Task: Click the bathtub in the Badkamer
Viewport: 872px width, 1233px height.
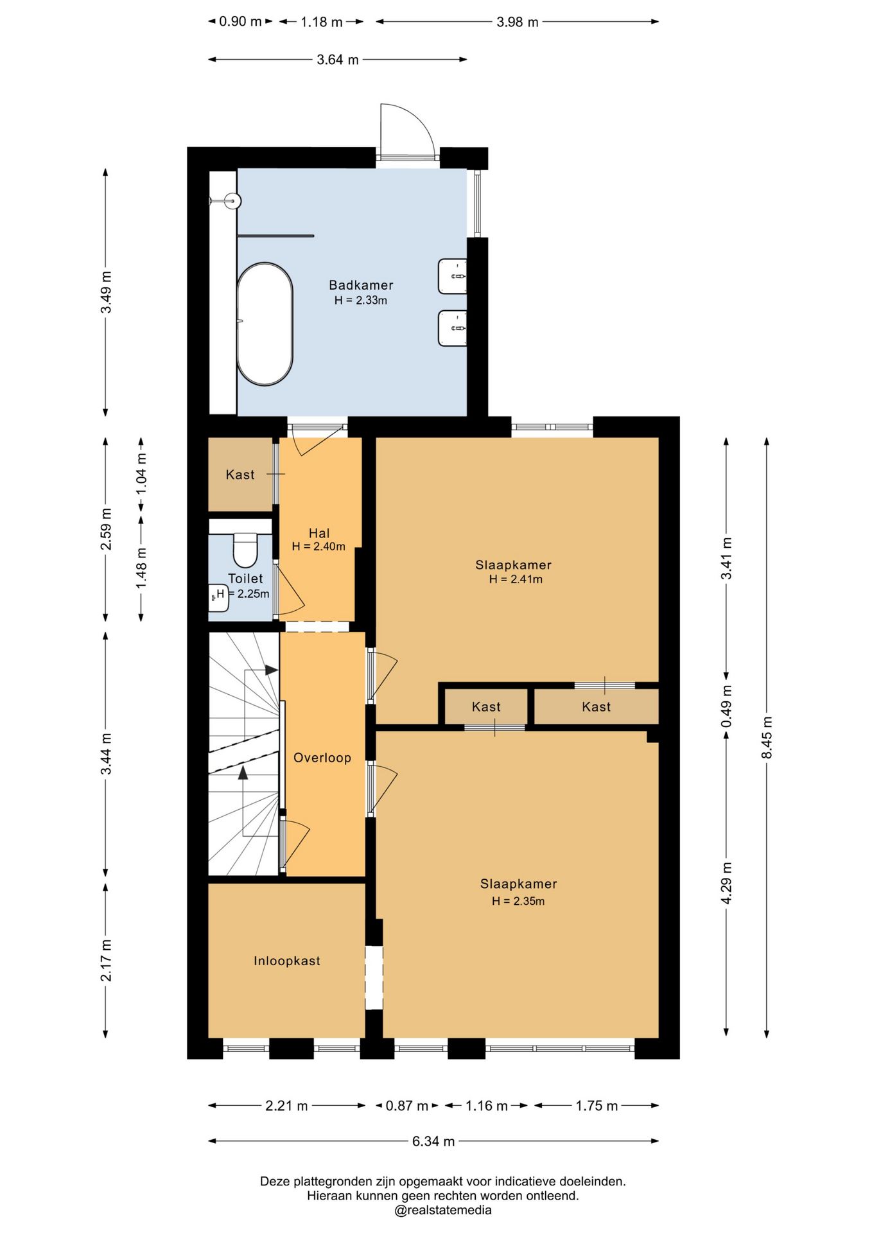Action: (265, 324)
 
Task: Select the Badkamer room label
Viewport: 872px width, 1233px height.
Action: (361, 284)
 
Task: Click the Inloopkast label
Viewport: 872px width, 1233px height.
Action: (286, 961)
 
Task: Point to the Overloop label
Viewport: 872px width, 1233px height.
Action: (322, 758)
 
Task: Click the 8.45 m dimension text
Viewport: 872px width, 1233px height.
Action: (767, 737)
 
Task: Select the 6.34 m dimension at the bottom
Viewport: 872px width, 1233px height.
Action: (433, 1141)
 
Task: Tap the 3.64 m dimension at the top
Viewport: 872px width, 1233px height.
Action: (338, 60)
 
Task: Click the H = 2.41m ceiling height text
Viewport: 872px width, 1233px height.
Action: (516, 579)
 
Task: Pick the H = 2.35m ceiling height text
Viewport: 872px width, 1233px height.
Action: (518, 901)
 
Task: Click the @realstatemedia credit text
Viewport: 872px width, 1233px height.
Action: (443, 1211)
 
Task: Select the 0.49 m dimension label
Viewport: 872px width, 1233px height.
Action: (726, 706)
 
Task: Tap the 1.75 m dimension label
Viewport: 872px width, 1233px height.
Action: (597, 1106)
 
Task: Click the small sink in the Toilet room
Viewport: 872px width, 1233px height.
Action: (217, 596)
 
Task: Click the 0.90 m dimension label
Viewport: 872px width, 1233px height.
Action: (241, 21)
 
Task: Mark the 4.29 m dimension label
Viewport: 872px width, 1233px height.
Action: (726, 882)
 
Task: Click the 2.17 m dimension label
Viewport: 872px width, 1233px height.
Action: (106, 960)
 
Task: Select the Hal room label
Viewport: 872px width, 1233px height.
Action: (319, 533)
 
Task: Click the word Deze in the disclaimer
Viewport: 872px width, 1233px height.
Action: (275, 1181)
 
